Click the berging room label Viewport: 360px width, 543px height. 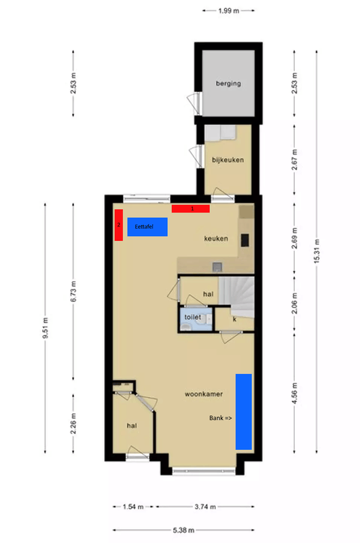point(228,83)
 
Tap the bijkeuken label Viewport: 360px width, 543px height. point(228,160)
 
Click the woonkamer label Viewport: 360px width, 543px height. point(204,393)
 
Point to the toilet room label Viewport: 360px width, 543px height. point(193,317)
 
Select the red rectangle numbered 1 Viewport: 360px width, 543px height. point(190,208)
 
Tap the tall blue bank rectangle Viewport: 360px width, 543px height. point(243,411)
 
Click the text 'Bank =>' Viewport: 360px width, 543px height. point(220,419)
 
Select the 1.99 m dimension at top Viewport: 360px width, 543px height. point(229,11)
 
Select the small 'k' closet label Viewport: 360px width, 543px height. point(234,318)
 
